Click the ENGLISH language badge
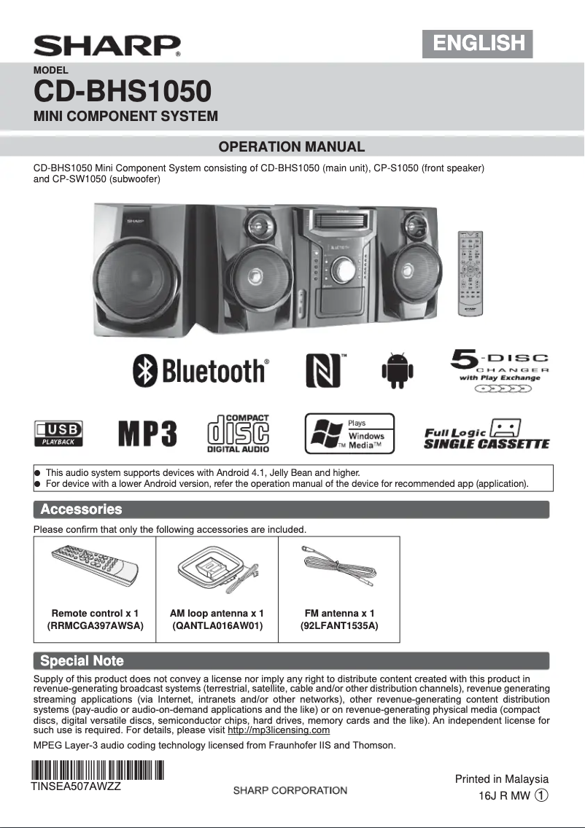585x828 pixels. tap(479, 43)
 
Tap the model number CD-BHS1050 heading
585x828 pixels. tap(123, 92)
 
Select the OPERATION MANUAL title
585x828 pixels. tap(292, 147)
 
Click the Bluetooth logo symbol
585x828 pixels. tap(145, 371)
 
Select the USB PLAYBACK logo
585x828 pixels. tap(59, 433)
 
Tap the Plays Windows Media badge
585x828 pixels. tap(349, 434)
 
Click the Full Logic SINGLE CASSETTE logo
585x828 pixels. tap(487, 434)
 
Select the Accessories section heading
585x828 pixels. tap(81, 509)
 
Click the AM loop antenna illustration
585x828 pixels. tap(215, 568)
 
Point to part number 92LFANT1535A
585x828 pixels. tap(339, 625)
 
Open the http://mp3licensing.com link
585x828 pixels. tap(279, 730)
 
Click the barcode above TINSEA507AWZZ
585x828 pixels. tap(96, 770)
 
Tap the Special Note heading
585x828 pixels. tap(82, 661)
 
